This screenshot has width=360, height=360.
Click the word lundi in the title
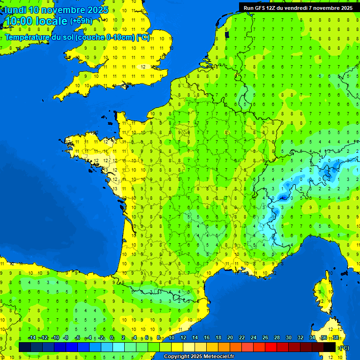click(x=15, y=10)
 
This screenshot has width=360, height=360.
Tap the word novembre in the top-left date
click(x=63, y=10)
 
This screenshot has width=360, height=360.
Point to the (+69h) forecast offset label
click(x=81, y=21)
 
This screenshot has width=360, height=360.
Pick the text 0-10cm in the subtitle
click(x=120, y=37)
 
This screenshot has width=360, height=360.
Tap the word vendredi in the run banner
click(x=295, y=8)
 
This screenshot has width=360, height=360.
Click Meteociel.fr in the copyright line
click(x=218, y=357)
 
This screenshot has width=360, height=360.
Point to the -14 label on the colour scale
click(x=32, y=338)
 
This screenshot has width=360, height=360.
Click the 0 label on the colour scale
click(x=112, y=338)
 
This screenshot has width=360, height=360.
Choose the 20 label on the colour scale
click(x=230, y=338)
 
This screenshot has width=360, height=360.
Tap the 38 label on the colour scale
click(x=336, y=338)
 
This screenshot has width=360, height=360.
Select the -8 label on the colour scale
click(x=66, y=338)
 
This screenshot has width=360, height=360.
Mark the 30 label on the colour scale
click(x=289, y=338)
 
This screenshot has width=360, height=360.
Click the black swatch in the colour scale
click(x=330, y=347)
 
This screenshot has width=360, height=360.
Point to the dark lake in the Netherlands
click(x=227, y=34)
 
